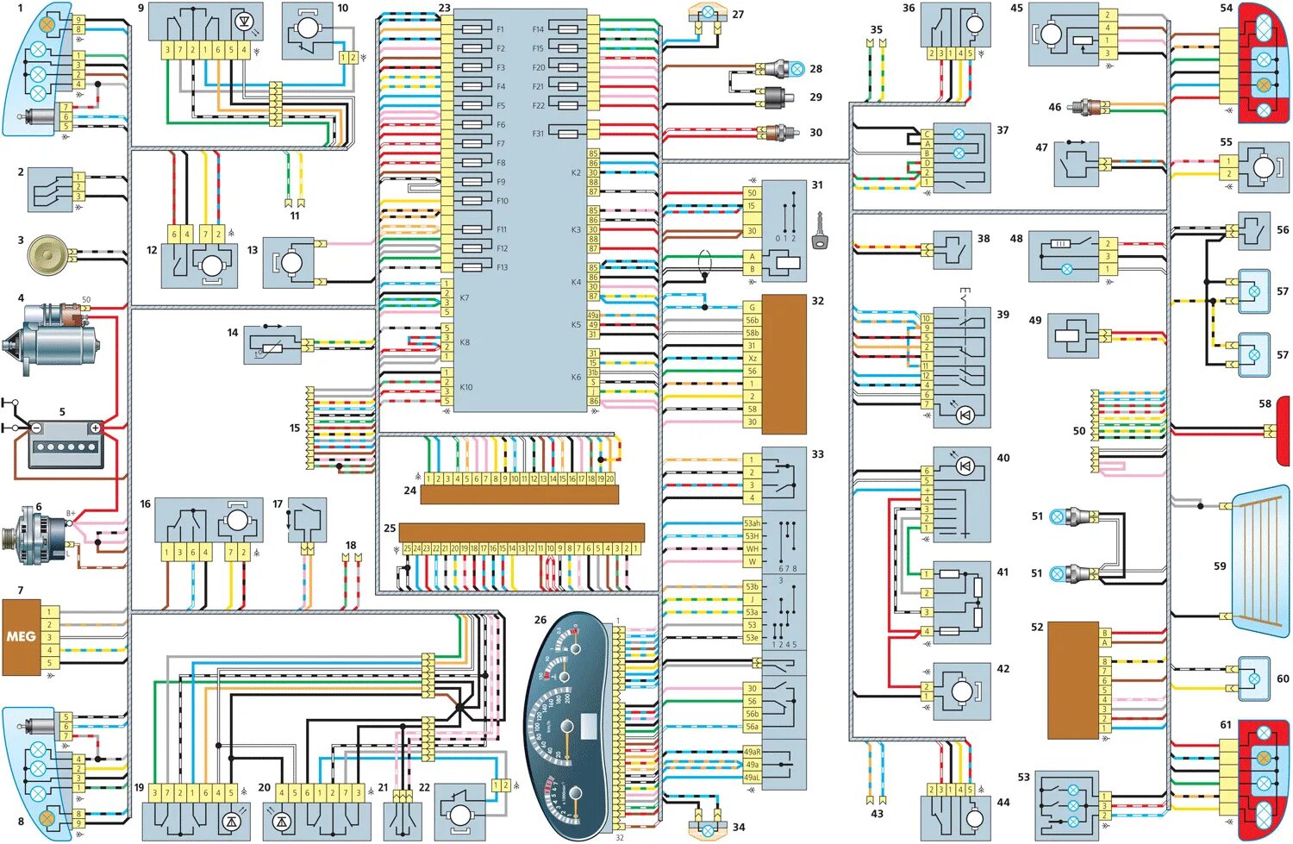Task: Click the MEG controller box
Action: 21,637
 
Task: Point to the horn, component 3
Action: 48,255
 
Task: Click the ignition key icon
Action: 819,233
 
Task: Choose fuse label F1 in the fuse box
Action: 501,29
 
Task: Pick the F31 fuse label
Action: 538,134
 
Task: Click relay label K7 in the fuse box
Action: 465,298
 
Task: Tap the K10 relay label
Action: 466,387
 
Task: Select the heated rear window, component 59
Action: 1259,560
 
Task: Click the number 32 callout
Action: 817,301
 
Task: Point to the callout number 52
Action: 1037,628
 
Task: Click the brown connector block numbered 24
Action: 519,495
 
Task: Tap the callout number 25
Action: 390,528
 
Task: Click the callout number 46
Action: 1054,108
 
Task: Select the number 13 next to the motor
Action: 253,250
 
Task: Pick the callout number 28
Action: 815,69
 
